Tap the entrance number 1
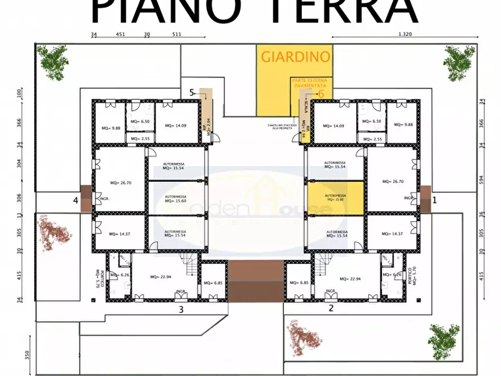coord(434,199)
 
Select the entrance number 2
coord(330,308)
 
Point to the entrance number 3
coord(181,309)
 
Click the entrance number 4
coord(75,200)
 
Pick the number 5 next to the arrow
coord(192,93)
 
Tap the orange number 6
coord(321,94)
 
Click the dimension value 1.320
coord(405,34)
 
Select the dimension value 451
coord(120,34)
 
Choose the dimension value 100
coord(19,93)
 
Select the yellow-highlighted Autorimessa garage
coord(335,198)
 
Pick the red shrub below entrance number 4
coord(54,232)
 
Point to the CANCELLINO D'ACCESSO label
coord(281,126)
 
